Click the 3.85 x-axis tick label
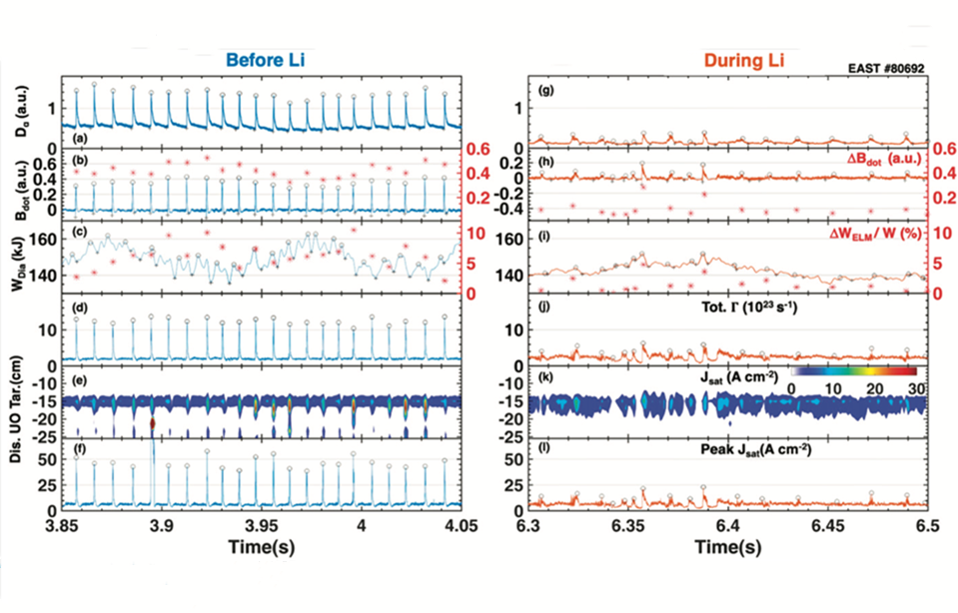coord(65,526)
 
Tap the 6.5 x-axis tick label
coord(927,526)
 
